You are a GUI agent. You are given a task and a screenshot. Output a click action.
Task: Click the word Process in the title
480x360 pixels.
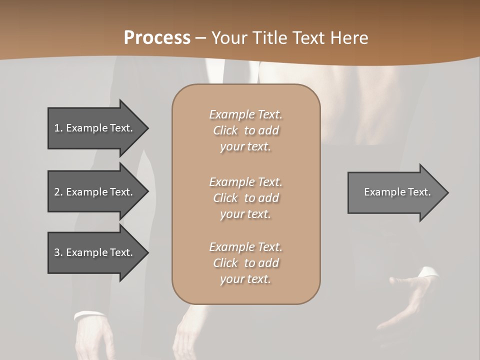coord(157,38)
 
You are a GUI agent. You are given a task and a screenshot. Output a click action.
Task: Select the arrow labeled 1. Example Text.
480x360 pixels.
coord(95,128)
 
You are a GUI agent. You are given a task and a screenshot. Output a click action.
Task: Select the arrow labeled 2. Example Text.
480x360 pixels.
coord(95,192)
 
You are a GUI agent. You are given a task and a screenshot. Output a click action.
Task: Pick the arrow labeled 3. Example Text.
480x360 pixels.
coord(95,252)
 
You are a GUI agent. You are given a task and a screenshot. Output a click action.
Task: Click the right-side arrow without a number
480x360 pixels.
coord(395,192)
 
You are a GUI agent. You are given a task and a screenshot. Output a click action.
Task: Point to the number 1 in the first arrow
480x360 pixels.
coord(57,128)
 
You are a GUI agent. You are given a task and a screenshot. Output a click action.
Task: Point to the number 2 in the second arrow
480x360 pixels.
coord(57,192)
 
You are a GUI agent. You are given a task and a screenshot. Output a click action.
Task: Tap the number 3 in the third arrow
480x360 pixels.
coord(57,252)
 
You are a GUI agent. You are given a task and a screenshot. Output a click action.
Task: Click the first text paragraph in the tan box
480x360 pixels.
coord(245,130)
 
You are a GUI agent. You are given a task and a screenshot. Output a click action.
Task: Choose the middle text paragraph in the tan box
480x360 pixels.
coord(245,197)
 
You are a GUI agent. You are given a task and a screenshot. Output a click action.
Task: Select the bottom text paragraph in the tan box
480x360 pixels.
coord(245,263)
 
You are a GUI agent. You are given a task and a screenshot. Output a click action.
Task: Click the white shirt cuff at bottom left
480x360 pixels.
coord(89,315)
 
